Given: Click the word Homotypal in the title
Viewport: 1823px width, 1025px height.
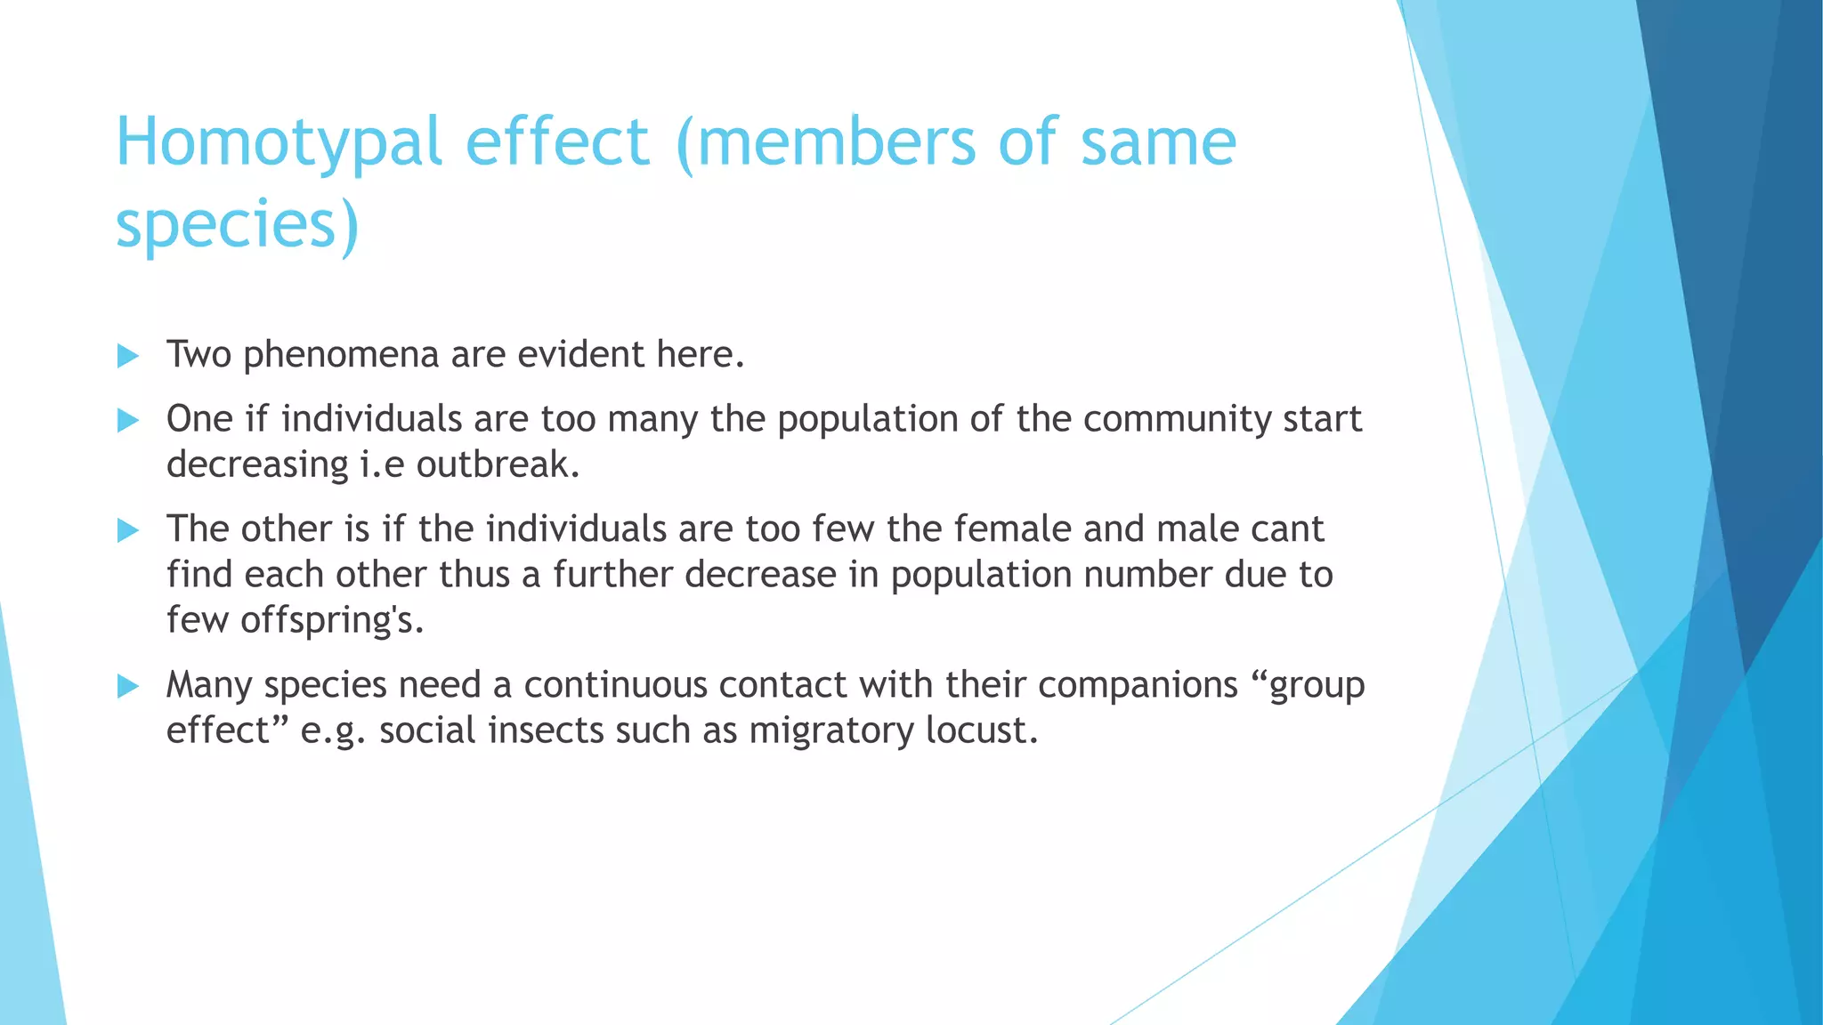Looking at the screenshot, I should pyautogui.click(x=279, y=142).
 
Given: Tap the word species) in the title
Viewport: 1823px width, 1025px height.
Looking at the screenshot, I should pyautogui.click(x=237, y=224).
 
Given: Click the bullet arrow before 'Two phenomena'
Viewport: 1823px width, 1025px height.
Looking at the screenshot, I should pyautogui.click(x=128, y=356).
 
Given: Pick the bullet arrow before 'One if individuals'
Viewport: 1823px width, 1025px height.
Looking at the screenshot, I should pyautogui.click(x=128, y=420).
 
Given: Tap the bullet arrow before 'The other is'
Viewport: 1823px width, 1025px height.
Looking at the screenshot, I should pyautogui.click(x=128, y=530).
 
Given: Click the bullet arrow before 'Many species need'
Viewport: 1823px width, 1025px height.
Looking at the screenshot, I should pyautogui.click(x=128, y=686).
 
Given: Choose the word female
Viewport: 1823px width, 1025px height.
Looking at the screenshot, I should pyautogui.click(x=1012, y=529).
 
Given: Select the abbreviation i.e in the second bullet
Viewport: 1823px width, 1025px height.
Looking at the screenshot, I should pyautogui.click(x=382, y=464).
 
